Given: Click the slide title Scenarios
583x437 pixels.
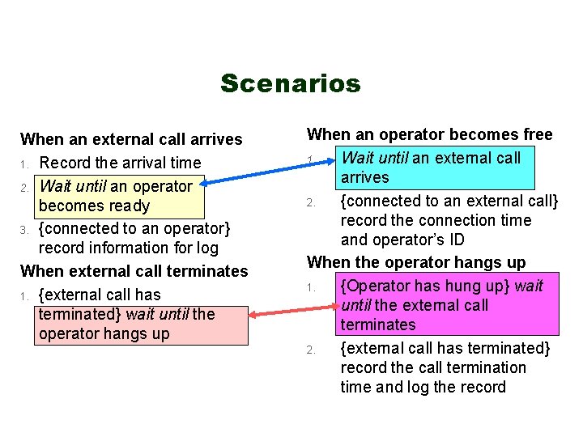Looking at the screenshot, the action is coord(290,83).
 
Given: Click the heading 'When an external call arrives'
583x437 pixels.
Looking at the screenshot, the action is coord(131,139).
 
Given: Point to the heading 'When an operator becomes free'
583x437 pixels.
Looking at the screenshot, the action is coord(429,134).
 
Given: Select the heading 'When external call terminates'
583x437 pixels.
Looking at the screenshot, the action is coord(134,270).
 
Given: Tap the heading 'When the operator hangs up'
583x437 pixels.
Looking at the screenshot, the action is coord(416,262).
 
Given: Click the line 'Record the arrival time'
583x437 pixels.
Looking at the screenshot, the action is coord(120,163).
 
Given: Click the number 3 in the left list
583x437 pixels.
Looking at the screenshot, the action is coord(24,230).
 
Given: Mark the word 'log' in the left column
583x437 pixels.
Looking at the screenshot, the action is coord(206,248).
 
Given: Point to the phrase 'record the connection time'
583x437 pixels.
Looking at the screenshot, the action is coord(436,220).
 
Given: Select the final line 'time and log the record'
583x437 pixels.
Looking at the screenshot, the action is coord(423,387).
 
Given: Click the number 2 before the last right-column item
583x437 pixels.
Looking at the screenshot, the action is coord(310,350).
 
